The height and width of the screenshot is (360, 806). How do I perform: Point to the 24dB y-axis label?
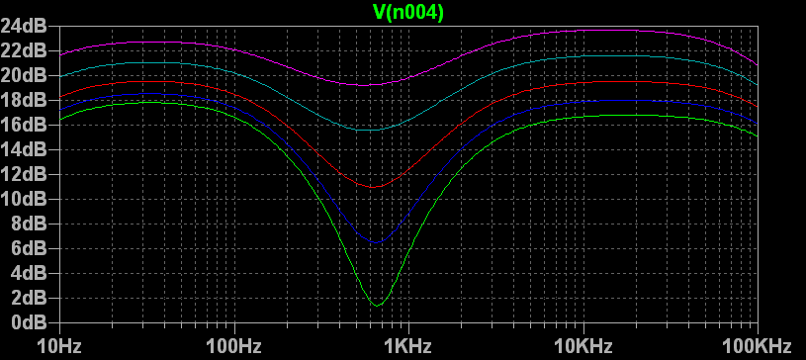pyautogui.click(x=28, y=26)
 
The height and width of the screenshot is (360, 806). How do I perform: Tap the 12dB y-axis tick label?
pyautogui.click(x=28, y=174)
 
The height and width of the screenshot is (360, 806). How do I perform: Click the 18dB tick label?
pyautogui.click(x=28, y=100)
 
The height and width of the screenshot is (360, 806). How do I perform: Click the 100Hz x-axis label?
pyautogui.click(x=234, y=345)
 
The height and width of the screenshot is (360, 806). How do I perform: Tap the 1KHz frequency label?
pyautogui.click(x=408, y=345)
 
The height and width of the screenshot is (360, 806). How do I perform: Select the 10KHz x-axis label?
pyautogui.click(x=582, y=345)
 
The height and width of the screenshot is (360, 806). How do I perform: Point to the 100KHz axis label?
pyautogui.click(x=757, y=345)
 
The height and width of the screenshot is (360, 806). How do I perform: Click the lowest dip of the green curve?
pyautogui.click(x=378, y=304)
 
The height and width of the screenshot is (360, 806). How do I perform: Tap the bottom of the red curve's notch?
pyautogui.click(x=374, y=186)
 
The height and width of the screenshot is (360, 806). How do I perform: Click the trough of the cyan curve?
pyautogui.click(x=370, y=130)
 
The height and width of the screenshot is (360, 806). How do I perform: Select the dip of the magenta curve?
pyautogui.click(x=366, y=85)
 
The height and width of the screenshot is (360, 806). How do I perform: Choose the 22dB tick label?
pyautogui.click(x=28, y=50)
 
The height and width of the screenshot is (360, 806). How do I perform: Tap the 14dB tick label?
pyautogui.click(x=28, y=149)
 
